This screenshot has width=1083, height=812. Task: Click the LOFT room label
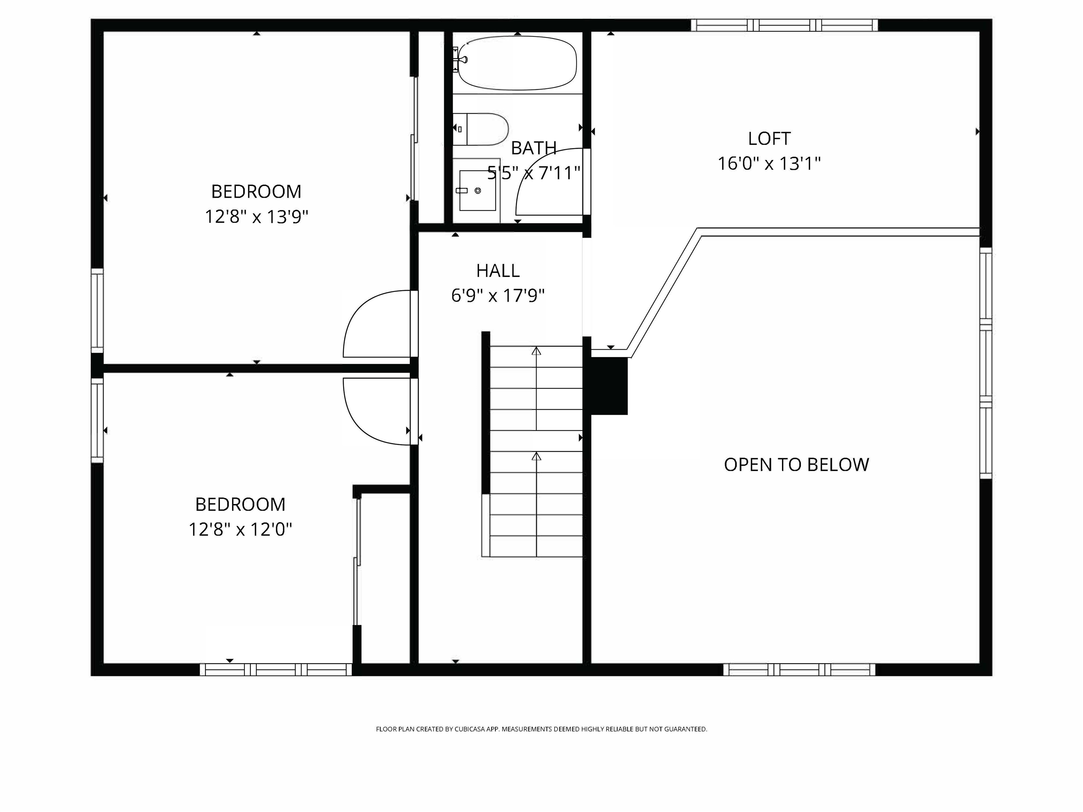pyautogui.click(x=769, y=139)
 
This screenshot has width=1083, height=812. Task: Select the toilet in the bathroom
pyautogui.click(x=482, y=129)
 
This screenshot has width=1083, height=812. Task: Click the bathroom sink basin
pyautogui.click(x=477, y=190)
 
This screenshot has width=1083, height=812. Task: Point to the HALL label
pyautogui.click(x=497, y=271)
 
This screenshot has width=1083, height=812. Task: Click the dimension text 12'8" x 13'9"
pyautogui.click(x=256, y=216)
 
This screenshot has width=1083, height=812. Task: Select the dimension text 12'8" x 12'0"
pyautogui.click(x=240, y=529)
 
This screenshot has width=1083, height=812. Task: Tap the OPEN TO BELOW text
pyautogui.click(x=796, y=465)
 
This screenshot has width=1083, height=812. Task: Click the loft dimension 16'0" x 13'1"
pyautogui.click(x=769, y=164)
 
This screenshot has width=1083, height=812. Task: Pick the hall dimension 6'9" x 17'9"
pyautogui.click(x=497, y=296)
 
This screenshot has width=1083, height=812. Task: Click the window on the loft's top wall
pyautogui.click(x=784, y=25)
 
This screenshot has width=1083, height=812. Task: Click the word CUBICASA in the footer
pyautogui.click(x=470, y=729)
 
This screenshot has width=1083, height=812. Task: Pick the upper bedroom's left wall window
pyautogui.click(x=97, y=310)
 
